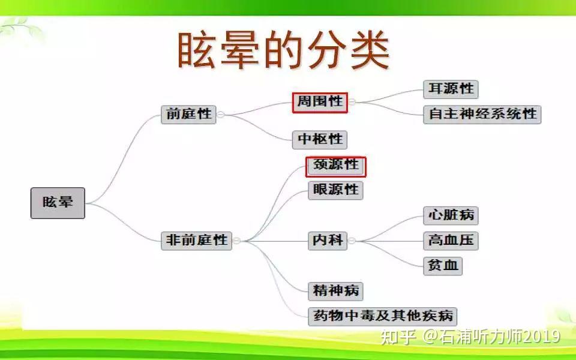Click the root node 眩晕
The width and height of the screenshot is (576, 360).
tap(58, 203)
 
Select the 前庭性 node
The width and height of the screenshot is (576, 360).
tap(188, 114)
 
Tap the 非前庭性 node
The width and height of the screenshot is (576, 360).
tap(196, 241)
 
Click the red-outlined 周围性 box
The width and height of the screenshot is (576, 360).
tap(320, 103)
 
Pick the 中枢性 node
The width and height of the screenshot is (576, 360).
tap(320, 140)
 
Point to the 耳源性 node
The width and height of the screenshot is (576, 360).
tap(451, 89)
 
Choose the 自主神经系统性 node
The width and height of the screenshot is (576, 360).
tap(482, 114)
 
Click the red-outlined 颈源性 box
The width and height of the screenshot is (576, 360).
tap(336, 166)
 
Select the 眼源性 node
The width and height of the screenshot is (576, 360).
tap(335, 190)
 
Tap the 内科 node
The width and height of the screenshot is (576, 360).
tap(328, 241)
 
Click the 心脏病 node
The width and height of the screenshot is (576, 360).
tap(451, 215)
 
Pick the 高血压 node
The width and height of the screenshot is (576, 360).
tap(451, 241)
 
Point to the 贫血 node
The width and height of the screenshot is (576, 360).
tap(443, 266)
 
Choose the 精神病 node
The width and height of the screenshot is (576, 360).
tap(335, 291)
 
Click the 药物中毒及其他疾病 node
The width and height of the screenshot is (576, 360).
tap(382, 316)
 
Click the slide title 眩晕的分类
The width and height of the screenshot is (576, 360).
tap(283, 50)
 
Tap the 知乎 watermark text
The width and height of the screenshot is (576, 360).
tap(398, 337)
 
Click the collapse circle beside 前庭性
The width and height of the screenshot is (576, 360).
tap(220, 115)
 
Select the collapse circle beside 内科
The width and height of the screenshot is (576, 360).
tap(352, 241)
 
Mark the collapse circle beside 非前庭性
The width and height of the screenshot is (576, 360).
tap(236, 241)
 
